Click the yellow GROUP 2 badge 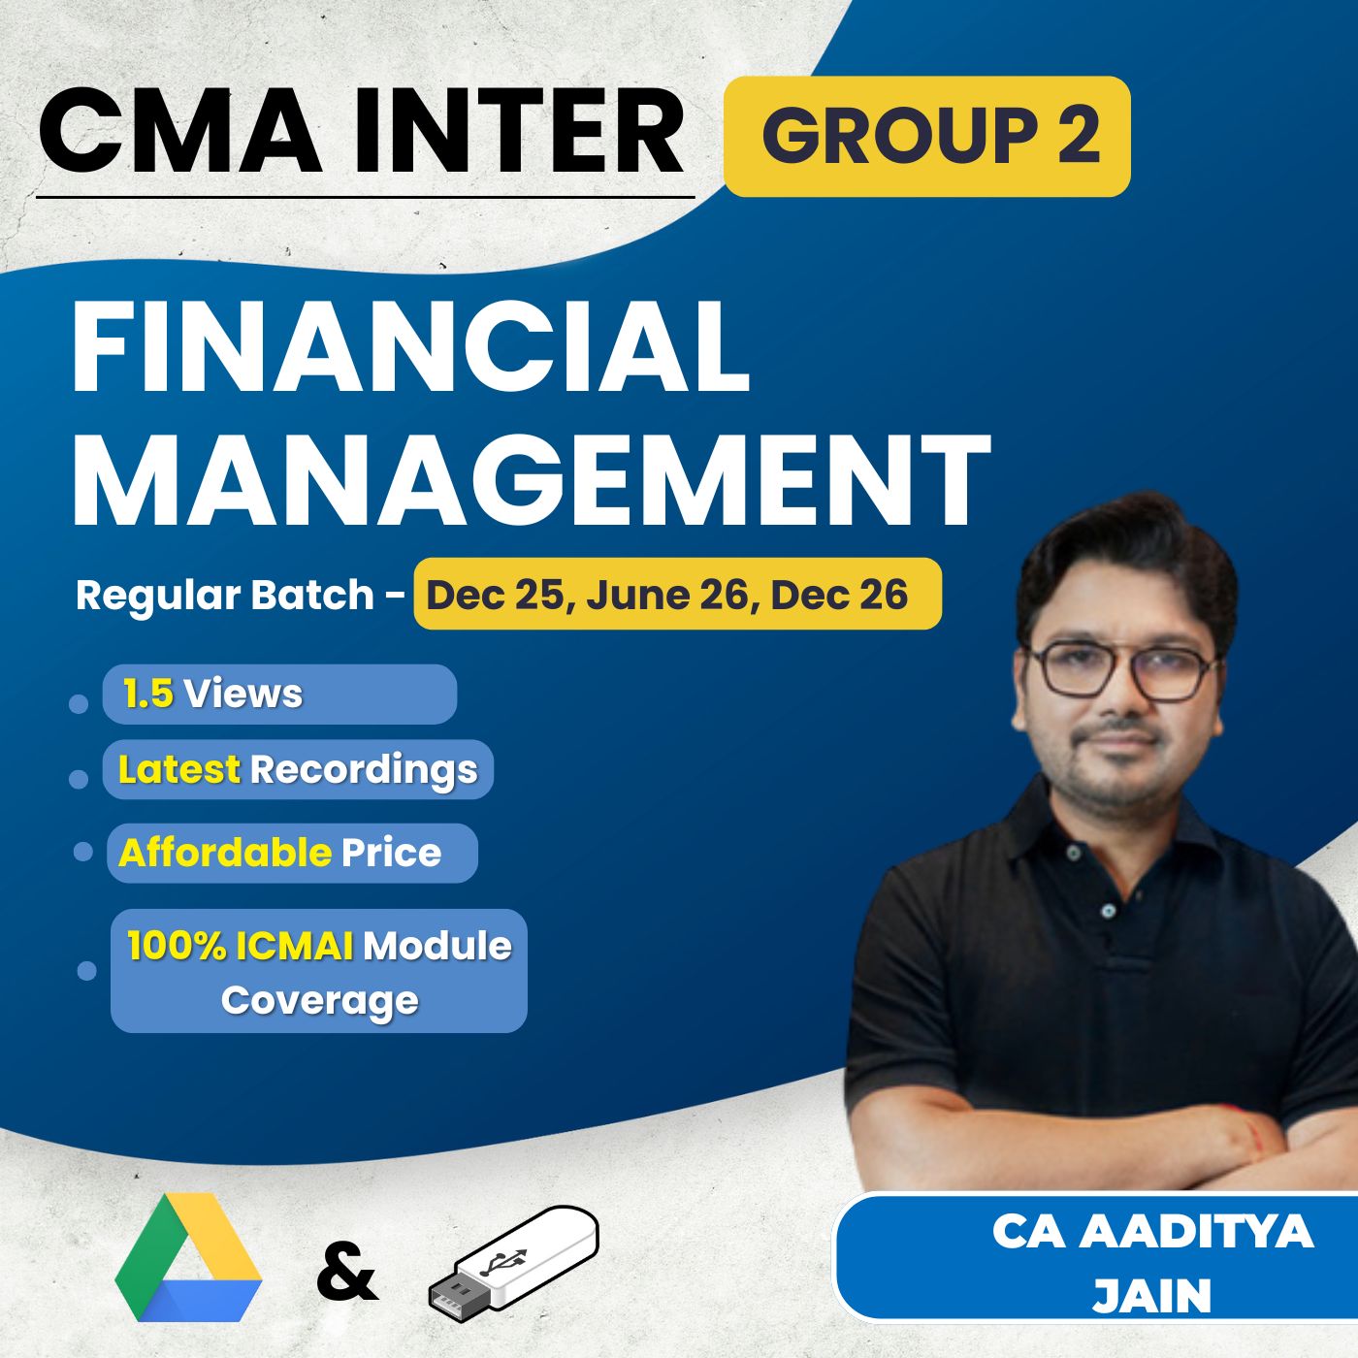click(927, 136)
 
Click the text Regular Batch click(224, 595)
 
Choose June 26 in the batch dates click(669, 595)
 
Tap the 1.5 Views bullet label click(212, 695)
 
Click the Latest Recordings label click(298, 769)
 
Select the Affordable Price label click(280, 853)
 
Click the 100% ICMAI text click(241, 946)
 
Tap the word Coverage click(319, 1000)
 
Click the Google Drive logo click(188, 1258)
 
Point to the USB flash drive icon click(514, 1258)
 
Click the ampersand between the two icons click(346, 1273)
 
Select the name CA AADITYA click(1151, 1232)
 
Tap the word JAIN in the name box click(1151, 1296)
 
